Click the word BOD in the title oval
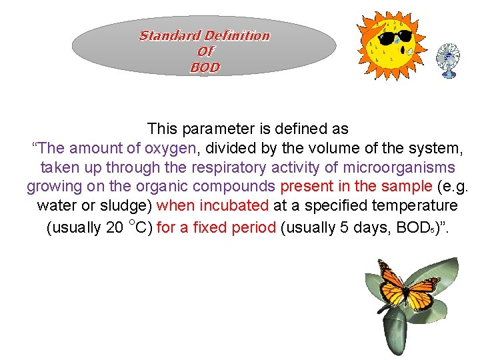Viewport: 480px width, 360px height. coord(205,67)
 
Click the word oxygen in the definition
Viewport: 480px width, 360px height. coord(170,148)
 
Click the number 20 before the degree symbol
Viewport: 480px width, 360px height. coord(114,227)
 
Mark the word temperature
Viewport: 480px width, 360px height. coord(419,207)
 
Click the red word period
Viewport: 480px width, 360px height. coord(253,227)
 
